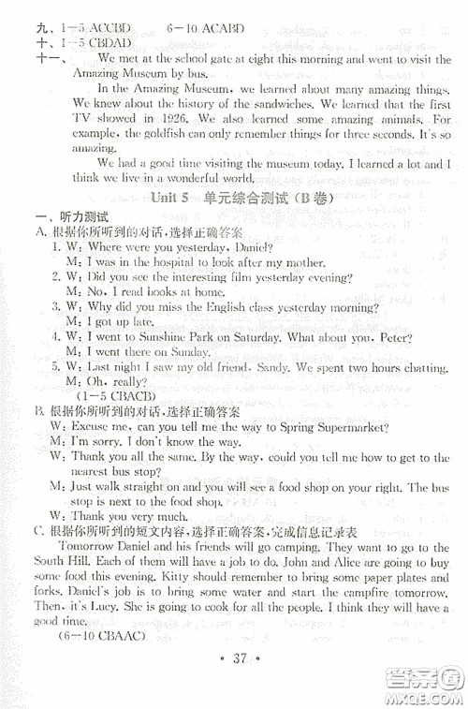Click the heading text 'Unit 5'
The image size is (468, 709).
click(174, 199)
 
